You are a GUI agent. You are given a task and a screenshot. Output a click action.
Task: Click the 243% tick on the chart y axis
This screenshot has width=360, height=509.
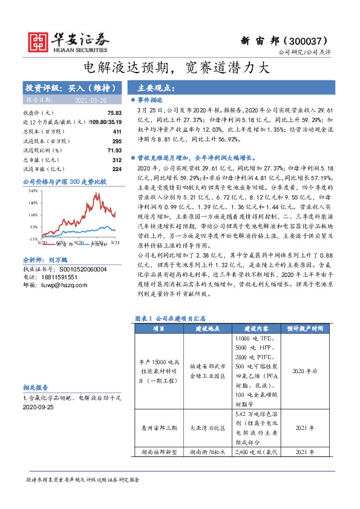(34, 190)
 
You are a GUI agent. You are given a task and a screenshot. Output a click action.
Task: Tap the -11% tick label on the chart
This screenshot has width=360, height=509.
(34, 239)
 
